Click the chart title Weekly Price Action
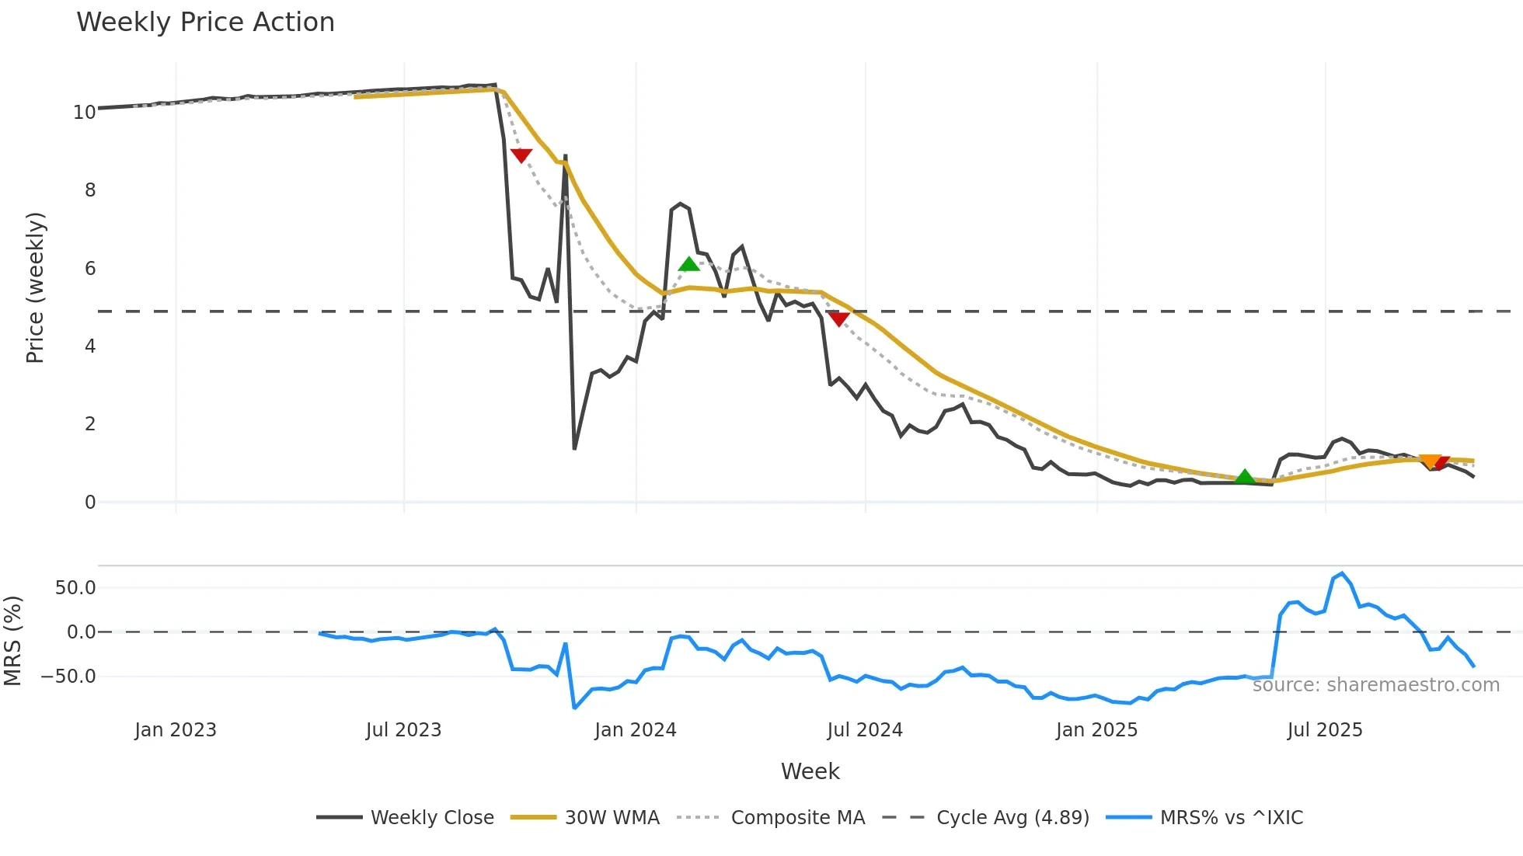205,23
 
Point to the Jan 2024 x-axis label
636,730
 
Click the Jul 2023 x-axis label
403,730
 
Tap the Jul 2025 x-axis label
1325,730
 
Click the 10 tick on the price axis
85,113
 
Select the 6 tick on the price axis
90,269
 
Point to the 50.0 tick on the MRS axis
75,588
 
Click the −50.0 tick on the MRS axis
69,677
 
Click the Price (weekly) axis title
36,287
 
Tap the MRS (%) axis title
13,641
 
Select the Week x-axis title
810,771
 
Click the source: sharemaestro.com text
1375,685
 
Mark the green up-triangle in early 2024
688,265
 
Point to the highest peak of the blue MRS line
1342,573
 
